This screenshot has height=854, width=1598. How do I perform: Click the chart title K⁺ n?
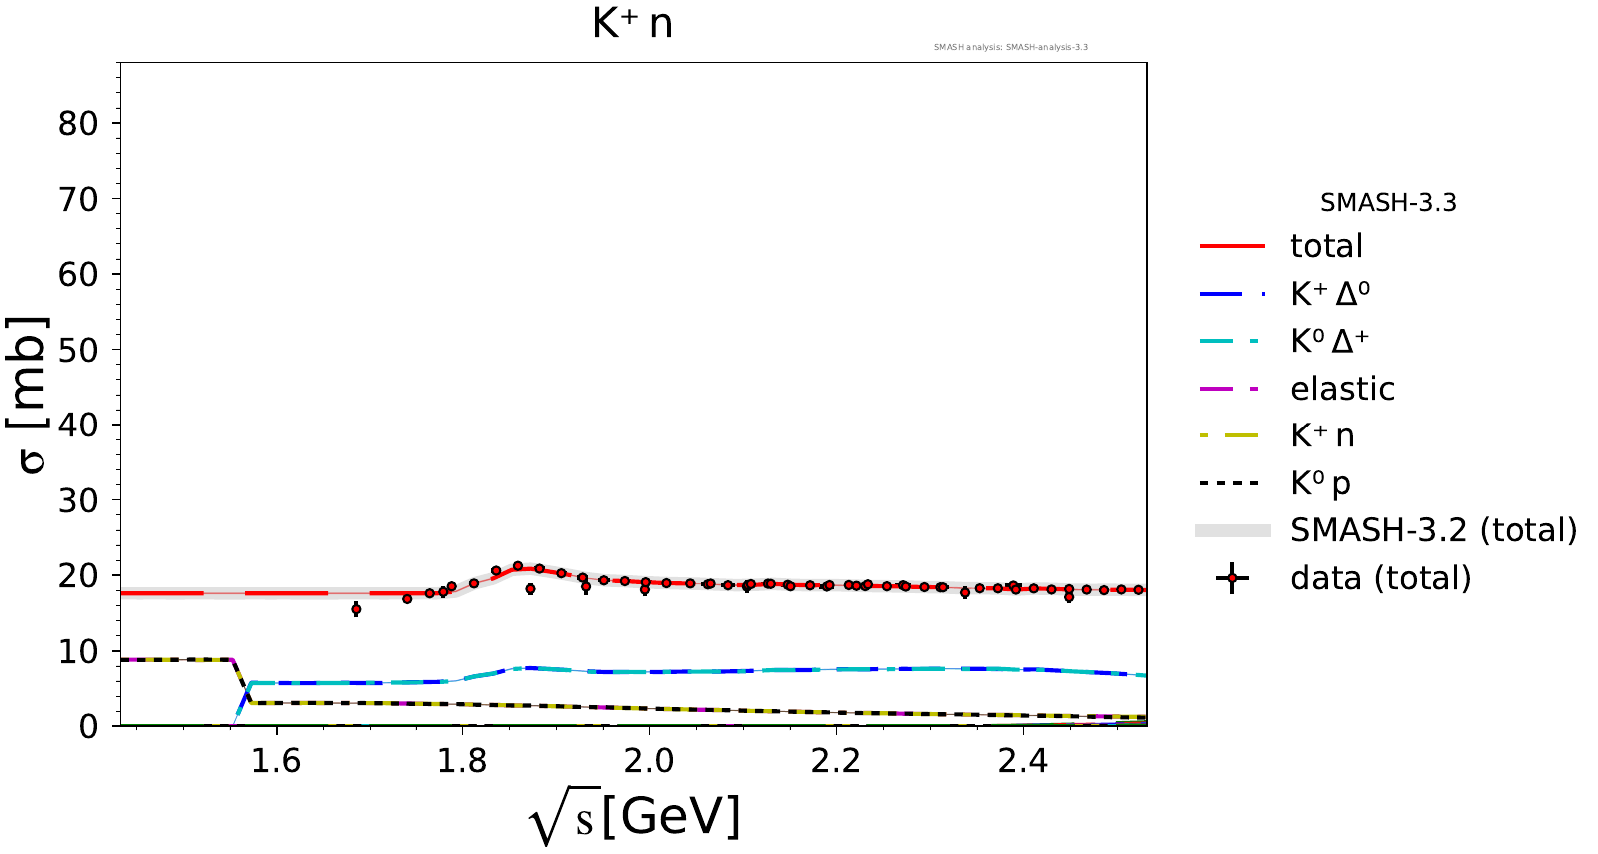pyautogui.click(x=632, y=24)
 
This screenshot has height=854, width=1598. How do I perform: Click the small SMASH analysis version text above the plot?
pyautogui.click(x=1010, y=47)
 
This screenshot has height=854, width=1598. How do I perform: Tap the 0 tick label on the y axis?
pyautogui.click(x=89, y=726)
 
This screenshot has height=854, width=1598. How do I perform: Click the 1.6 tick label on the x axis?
pyautogui.click(x=275, y=762)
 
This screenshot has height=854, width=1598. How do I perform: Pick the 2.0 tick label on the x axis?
pyautogui.click(x=649, y=762)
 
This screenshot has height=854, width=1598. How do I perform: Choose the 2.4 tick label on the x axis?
pyautogui.click(x=1023, y=762)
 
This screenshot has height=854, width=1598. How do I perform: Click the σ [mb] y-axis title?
pyautogui.click(x=30, y=395)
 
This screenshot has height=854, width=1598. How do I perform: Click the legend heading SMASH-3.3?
pyautogui.click(x=1387, y=203)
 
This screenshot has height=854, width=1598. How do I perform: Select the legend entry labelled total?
pyautogui.click(x=1325, y=246)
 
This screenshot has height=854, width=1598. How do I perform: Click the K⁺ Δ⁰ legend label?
pyautogui.click(x=1329, y=294)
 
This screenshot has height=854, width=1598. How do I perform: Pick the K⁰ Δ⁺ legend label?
pyautogui.click(x=1329, y=341)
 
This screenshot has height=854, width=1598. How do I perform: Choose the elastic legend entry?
pyautogui.click(x=1341, y=389)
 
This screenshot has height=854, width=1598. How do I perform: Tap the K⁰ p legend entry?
pyautogui.click(x=1320, y=484)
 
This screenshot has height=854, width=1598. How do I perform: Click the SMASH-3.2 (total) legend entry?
pyautogui.click(x=1433, y=530)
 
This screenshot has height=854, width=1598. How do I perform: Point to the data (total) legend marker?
pyautogui.click(x=1232, y=578)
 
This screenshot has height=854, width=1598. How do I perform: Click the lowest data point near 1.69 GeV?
pyautogui.click(x=356, y=609)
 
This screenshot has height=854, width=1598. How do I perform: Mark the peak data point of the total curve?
pyautogui.click(x=518, y=566)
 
